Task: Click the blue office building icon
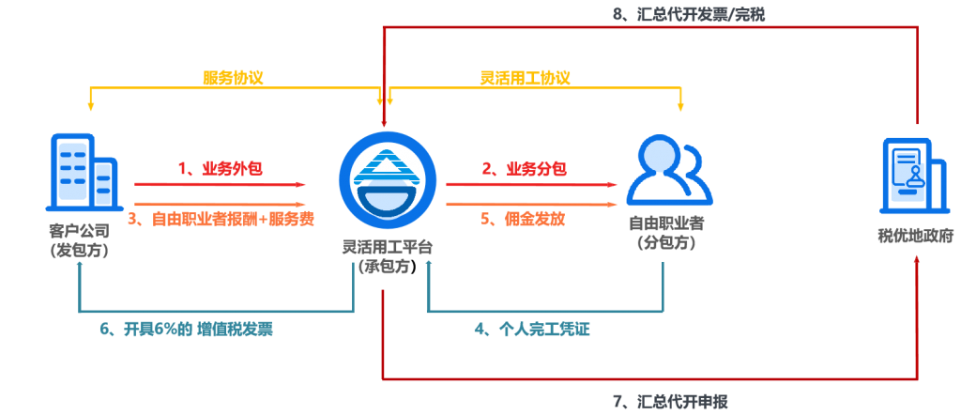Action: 83,171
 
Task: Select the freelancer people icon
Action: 670,171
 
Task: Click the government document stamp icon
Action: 916,172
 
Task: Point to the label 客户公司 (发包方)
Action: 80,241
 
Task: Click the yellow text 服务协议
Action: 233,79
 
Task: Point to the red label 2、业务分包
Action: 524,169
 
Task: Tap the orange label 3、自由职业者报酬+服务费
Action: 225,219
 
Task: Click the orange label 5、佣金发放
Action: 523,219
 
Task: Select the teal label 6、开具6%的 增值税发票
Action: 187,330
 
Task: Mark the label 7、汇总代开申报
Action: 670,402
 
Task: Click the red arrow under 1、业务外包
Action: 220,184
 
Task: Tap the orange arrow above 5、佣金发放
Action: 531,204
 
